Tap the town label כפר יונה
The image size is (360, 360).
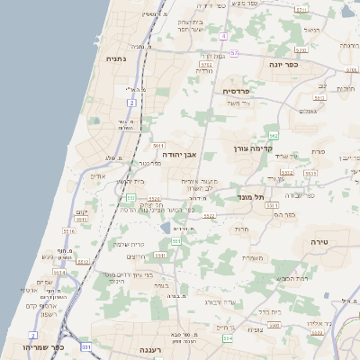pos(282,65)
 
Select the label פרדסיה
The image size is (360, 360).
pos(241,91)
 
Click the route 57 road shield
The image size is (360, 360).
pos(234,54)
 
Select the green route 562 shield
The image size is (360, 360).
pos(273,133)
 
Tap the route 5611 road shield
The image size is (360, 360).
pos(158,145)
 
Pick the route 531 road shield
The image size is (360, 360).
pos(86,346)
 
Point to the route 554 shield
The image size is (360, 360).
pos(228,338)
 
